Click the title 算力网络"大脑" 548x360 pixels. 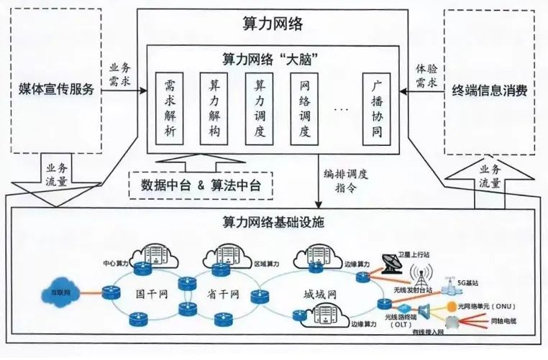[273, 56]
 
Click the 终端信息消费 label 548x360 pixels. [490, 91]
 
